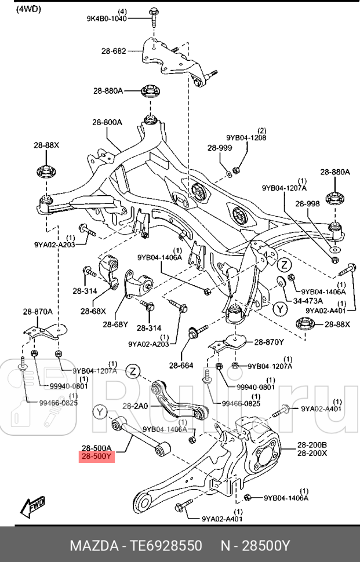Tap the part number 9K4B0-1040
tap(107, 19)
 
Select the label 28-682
tap(113, 52)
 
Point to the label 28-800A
tap(107, 122)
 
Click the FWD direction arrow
tap(34, 508)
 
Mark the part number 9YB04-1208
tap(246, 138)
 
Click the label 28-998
tap(307, 204)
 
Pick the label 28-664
tap(181, 365)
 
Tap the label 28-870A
tap(38, 312)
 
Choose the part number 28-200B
tap(312, 445)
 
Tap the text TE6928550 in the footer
tap(167, 546)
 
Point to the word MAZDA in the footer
tap(93, 546)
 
